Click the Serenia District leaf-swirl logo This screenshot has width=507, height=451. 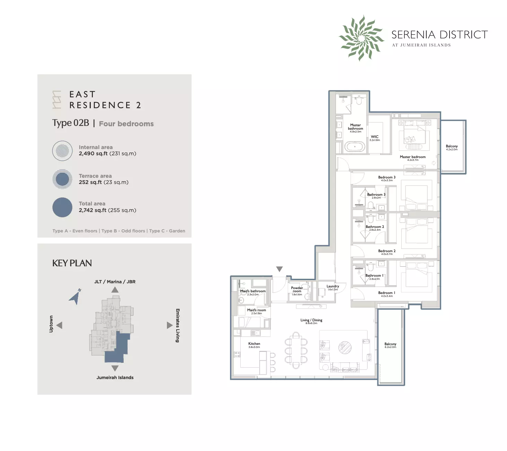(x=361, y=38)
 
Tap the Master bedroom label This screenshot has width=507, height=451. (x=412, y=157)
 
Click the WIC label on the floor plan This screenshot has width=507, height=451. (x=375, y=137)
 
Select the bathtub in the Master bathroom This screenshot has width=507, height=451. (x=355, y=147)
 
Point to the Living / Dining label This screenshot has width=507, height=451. (x=311, y=320)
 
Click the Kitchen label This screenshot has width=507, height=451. (x=254, y=344)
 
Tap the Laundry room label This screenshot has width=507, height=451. (x=332, y=286)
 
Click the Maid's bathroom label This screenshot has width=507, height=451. (x=253, y=291)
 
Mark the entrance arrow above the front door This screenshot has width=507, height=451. (x=279, y=269)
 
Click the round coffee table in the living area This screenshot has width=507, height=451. (x=345, y=347)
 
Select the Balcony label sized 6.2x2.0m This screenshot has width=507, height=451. (x=390, y=344)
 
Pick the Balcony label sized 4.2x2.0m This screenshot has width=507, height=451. (x=452, y=146)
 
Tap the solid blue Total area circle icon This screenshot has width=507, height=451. (x=62, y=207)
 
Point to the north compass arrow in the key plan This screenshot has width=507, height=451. (x=75, y=297)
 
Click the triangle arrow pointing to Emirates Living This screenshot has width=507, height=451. (x=169, y=325)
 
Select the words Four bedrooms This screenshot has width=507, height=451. (x=126, y=124)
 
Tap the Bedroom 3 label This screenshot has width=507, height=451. (x=386, y=177)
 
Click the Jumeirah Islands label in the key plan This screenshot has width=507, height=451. (x=115, y=378)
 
